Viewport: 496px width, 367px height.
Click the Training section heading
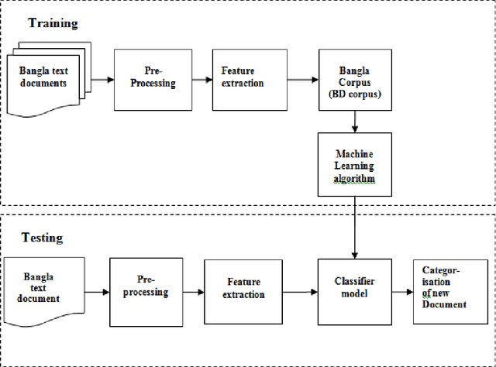point(53,23)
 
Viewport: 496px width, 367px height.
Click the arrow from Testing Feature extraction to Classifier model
point(301,293)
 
